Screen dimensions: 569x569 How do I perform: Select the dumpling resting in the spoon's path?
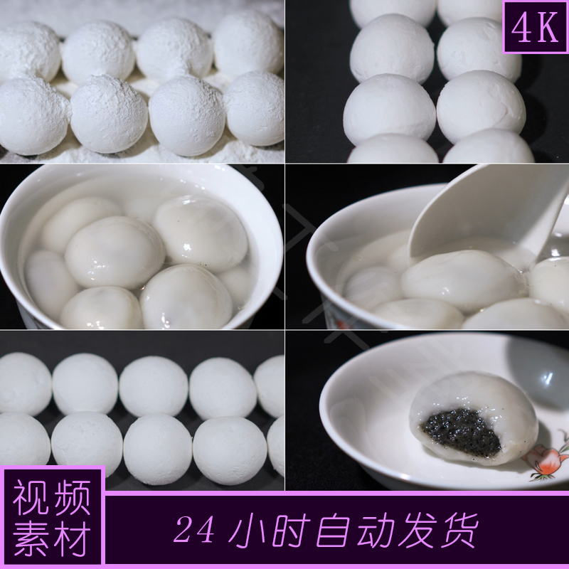tap(455, 277)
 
